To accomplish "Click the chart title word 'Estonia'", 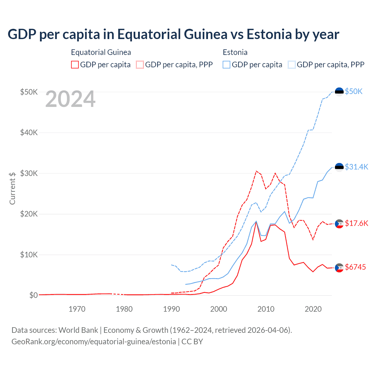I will (269, 34).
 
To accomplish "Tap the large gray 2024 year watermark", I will (70, 99).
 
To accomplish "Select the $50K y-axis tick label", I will (29, 92).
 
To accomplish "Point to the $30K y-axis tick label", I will (29, 173).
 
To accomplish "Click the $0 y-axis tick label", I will (33, 295).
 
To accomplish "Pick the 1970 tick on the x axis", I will (77, 309).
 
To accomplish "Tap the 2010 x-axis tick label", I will (266, 309).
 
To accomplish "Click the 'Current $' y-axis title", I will (12, 188).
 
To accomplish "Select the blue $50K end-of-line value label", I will (354, 92).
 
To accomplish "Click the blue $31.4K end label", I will (356, 167).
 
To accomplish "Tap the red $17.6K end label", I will (356, 223).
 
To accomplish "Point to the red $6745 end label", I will (355, 267).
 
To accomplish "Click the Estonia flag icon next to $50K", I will (339, 92).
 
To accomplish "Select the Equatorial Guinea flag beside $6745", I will (339, 268).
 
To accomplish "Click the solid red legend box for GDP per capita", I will (75, 65).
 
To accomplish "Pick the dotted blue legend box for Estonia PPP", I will (292, 65).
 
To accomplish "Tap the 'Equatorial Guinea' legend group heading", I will (101, 52).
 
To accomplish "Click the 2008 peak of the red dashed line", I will (256, 171).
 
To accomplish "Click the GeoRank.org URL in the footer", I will (93, 342).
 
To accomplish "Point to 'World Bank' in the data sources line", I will (78, 330).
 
